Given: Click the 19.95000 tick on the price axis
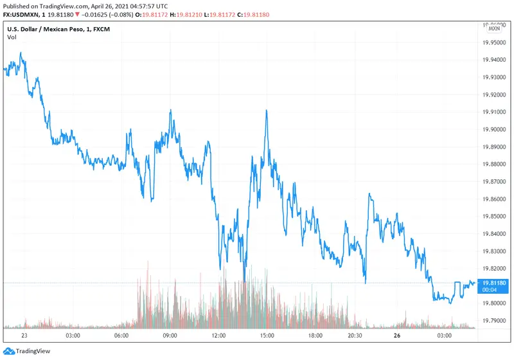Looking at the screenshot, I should click(x=497, y=42).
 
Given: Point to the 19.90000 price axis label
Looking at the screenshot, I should click(x=497, y=129).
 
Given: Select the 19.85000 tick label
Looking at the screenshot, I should click(x=497, y=216).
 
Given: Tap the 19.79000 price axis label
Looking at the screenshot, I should click(x=497, y=320).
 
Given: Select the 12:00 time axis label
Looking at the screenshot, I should click(x=219, y=336).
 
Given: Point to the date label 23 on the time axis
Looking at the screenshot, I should click(x=24, y=336).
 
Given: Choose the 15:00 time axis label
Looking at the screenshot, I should click(x=267, y=336).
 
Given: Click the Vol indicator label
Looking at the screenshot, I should click(x=12, y=37).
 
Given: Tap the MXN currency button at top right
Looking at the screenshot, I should click(x=494, y=28).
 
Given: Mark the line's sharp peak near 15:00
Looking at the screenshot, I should click(x=265, y=111).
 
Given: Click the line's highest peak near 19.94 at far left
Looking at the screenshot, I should click(x=21, y=53).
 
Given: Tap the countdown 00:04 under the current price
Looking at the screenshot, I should click(x=492, y=290).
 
